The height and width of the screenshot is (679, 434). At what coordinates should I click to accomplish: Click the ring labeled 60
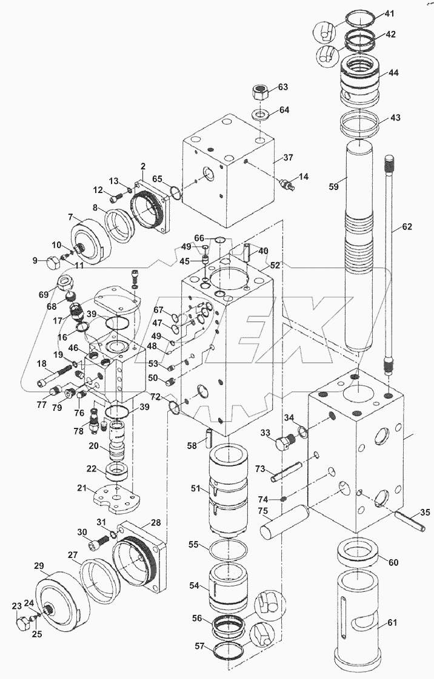pyautogui.click(x=357, y=552)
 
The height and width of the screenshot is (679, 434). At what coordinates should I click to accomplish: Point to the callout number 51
pyautogui.click(x=196, y=489)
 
